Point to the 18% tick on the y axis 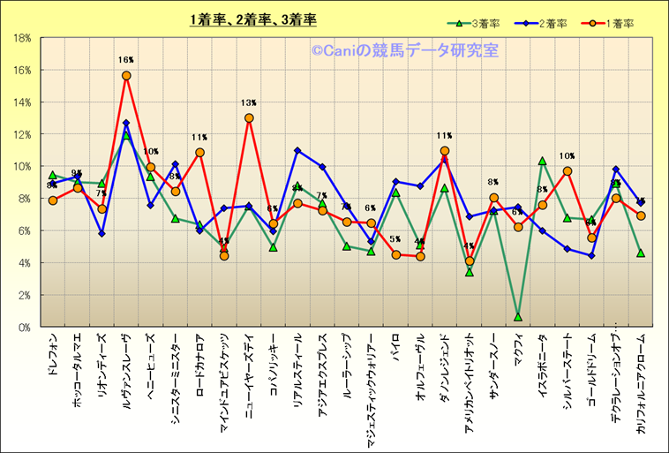[23, 38]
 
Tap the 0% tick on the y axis [26, 327]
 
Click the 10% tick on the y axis [23, 166]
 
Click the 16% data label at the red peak [125, 61]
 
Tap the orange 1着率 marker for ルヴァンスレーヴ [126, 76]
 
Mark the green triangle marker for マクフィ [518, 316]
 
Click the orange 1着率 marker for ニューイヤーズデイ [249, 117]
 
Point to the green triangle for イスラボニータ [543, 161]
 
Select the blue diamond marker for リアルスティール [297, 150]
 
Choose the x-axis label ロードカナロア [200, 366]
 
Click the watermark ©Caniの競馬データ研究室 [404, 51]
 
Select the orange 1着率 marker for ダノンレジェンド [445, 151]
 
